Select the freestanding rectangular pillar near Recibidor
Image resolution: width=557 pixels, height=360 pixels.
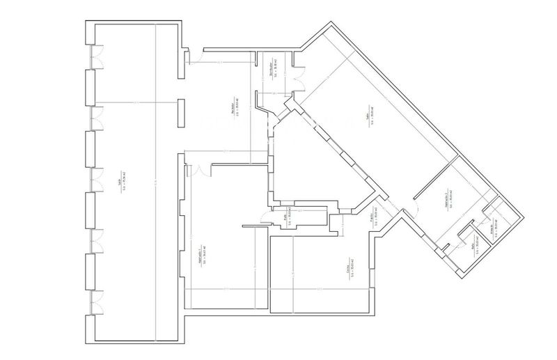click(x=181, y=115)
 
